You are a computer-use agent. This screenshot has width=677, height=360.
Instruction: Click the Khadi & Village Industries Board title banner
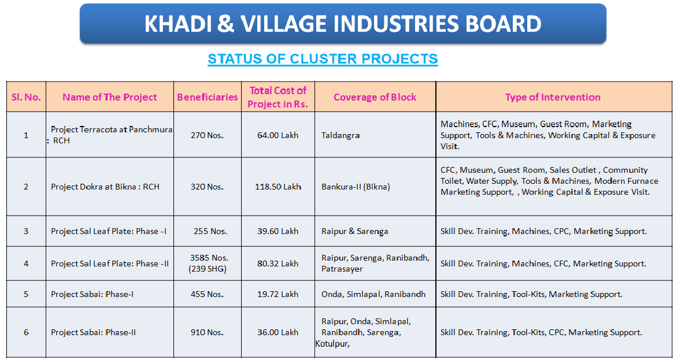click(343, 24)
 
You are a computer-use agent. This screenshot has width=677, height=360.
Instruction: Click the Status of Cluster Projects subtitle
click(323, 59)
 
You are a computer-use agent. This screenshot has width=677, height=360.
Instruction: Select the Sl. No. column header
click(26, 97)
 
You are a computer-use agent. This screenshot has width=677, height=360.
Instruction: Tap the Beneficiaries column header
click(207, 97)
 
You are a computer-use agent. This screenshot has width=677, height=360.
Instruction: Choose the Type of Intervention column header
click(553, 97)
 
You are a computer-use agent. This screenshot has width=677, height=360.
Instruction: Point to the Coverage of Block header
click(375, 97)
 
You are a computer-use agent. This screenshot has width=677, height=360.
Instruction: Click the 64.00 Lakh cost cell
click(278, 135)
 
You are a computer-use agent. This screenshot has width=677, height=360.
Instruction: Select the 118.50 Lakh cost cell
click(278, 187)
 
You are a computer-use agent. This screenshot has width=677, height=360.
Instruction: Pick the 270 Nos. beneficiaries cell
click(207, 135)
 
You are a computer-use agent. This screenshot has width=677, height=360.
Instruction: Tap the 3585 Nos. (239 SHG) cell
click(209, 263)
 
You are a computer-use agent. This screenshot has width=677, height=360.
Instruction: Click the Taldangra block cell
click(341, 135)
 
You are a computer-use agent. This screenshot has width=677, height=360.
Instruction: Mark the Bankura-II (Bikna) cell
click(356, 187)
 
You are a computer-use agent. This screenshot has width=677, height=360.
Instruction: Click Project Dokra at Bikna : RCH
click(105, 187)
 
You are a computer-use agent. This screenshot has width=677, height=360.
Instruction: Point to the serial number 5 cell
click(26, 294)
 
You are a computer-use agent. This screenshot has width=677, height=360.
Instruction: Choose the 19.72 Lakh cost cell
click(278, 294)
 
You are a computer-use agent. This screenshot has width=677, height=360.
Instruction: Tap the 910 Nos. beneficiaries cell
click(207, 332)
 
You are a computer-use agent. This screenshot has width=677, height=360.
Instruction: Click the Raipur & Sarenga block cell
click(354, 231)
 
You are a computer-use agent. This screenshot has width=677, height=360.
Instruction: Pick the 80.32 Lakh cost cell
click(278, 263)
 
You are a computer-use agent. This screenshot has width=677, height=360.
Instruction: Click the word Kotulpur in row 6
click(332, 344)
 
